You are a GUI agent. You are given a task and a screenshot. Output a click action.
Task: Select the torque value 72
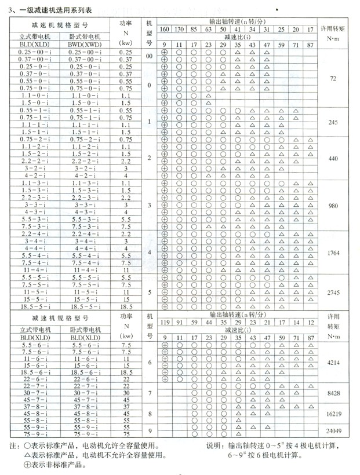click(x=332, y=77)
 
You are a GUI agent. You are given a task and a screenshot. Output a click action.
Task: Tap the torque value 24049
click(x=332, y=431)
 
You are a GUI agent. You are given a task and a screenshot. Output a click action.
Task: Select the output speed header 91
click(x=179, y=321)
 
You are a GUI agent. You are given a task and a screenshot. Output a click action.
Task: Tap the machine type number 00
click(x=149, y=56)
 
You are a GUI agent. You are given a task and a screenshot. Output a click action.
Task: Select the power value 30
click(x=126, y=392)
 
